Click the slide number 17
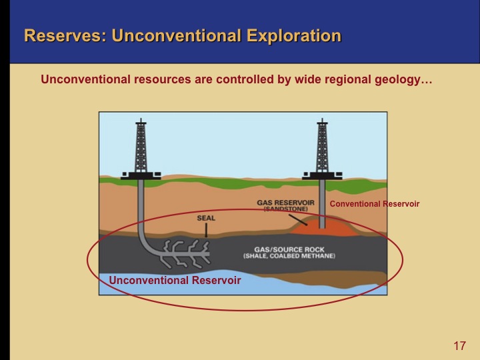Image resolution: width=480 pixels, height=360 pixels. (x=459, y=346)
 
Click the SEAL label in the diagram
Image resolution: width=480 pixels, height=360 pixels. (x=206, y=218)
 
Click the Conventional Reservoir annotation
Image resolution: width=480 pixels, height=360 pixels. (x=375, y=204)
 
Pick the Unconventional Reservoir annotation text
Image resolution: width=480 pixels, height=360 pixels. (x=175, y=281)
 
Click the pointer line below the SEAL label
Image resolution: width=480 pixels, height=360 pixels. (x=206, y=230)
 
